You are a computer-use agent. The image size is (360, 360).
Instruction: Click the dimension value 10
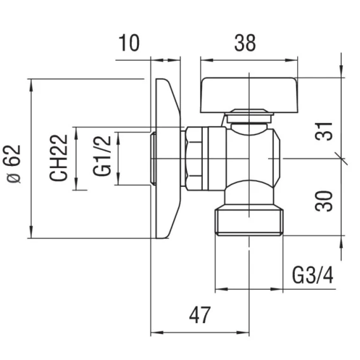(129, 43)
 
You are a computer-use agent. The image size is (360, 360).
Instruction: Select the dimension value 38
(245, 43)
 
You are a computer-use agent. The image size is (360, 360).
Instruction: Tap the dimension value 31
(324, 132)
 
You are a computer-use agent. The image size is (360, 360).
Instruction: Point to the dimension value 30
(324, 201)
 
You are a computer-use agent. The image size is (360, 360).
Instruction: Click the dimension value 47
(200, 315)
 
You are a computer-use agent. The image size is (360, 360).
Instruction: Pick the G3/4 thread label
(312, 275)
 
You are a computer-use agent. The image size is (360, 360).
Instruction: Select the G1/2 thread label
(102, 156)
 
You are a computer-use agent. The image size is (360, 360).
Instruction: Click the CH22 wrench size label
(58, 158)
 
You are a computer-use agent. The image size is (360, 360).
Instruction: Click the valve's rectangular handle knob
(249, 95)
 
